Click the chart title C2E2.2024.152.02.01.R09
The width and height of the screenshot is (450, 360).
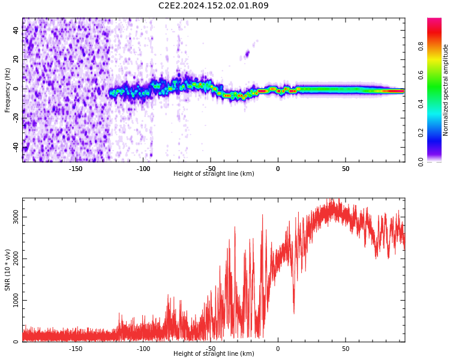(213, 5)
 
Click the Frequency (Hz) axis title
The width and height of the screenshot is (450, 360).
(7, 90)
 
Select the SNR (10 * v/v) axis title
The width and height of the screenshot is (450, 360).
(7, 270)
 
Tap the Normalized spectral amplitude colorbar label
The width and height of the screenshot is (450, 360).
(445, 90)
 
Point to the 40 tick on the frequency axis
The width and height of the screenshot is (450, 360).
(16, 30)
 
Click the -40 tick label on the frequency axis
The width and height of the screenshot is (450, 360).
(16, 147)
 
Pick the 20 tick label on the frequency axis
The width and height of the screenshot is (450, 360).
(16, 59)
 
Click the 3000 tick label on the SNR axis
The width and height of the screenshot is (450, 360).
(16, 217)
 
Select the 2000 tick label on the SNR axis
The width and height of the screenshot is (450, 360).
(16, 259)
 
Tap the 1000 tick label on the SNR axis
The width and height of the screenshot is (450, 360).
(16, 300)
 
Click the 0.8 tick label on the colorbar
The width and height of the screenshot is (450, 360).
(421, 46)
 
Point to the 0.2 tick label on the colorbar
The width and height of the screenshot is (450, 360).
(421, 133)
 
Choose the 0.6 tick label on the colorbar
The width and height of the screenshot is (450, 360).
(421, 75)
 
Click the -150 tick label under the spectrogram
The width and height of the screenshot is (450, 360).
(76, 169)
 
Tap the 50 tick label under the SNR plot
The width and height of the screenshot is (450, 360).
(346, 349)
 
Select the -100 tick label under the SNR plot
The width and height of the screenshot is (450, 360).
(143, 349)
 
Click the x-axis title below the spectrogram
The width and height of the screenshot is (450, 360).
(214, 173)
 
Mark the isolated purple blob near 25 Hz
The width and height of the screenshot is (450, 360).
(247, 54)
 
